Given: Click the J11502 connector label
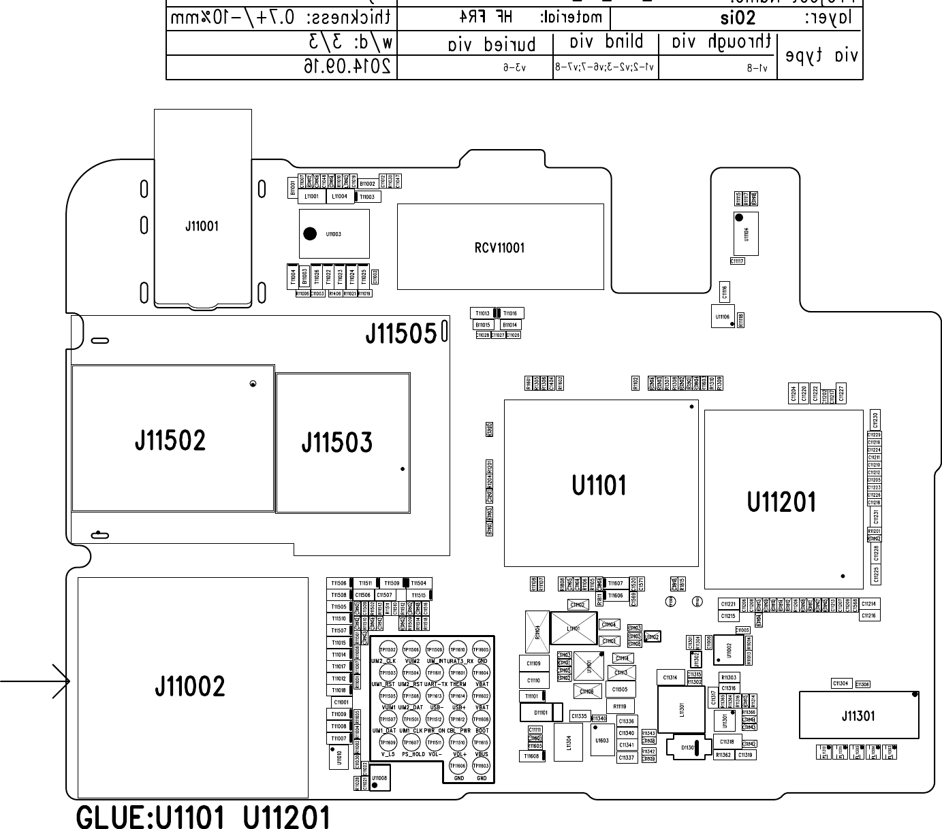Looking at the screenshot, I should click(170, 441).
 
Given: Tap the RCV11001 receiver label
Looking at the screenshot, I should click(499, 248).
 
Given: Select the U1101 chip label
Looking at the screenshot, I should click(599, 486).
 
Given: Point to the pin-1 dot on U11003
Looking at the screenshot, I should click(310, 233).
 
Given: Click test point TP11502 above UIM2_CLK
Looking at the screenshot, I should click(388, 650).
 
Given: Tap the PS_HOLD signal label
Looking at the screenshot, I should click(413, 754).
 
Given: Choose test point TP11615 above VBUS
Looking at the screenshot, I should click(481, 743).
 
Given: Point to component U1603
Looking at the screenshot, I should click(602, 741).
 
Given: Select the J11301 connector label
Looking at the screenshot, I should click(858, 716).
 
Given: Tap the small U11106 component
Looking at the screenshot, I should click(722, 316).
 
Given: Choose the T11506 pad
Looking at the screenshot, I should click(339, 583).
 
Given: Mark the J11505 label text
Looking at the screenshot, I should click(401, 334).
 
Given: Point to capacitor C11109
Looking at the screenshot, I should click(533, 663).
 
